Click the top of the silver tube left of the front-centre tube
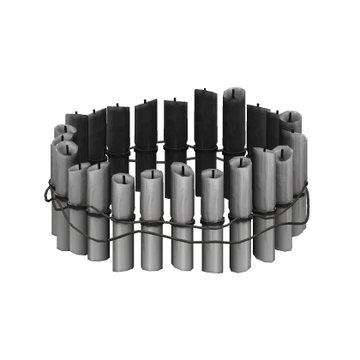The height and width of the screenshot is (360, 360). pyautogui.click(x=152, y=177)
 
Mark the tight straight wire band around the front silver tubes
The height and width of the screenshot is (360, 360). pyautogui.click(x=171, y=215)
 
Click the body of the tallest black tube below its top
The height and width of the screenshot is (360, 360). pyautogui.click(x=207, y=120)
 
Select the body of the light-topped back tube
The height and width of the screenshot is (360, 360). pyautogui.click(x=236, y=120)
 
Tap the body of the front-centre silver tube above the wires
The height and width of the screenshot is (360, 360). pyautogui.click(x=183, y=193)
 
